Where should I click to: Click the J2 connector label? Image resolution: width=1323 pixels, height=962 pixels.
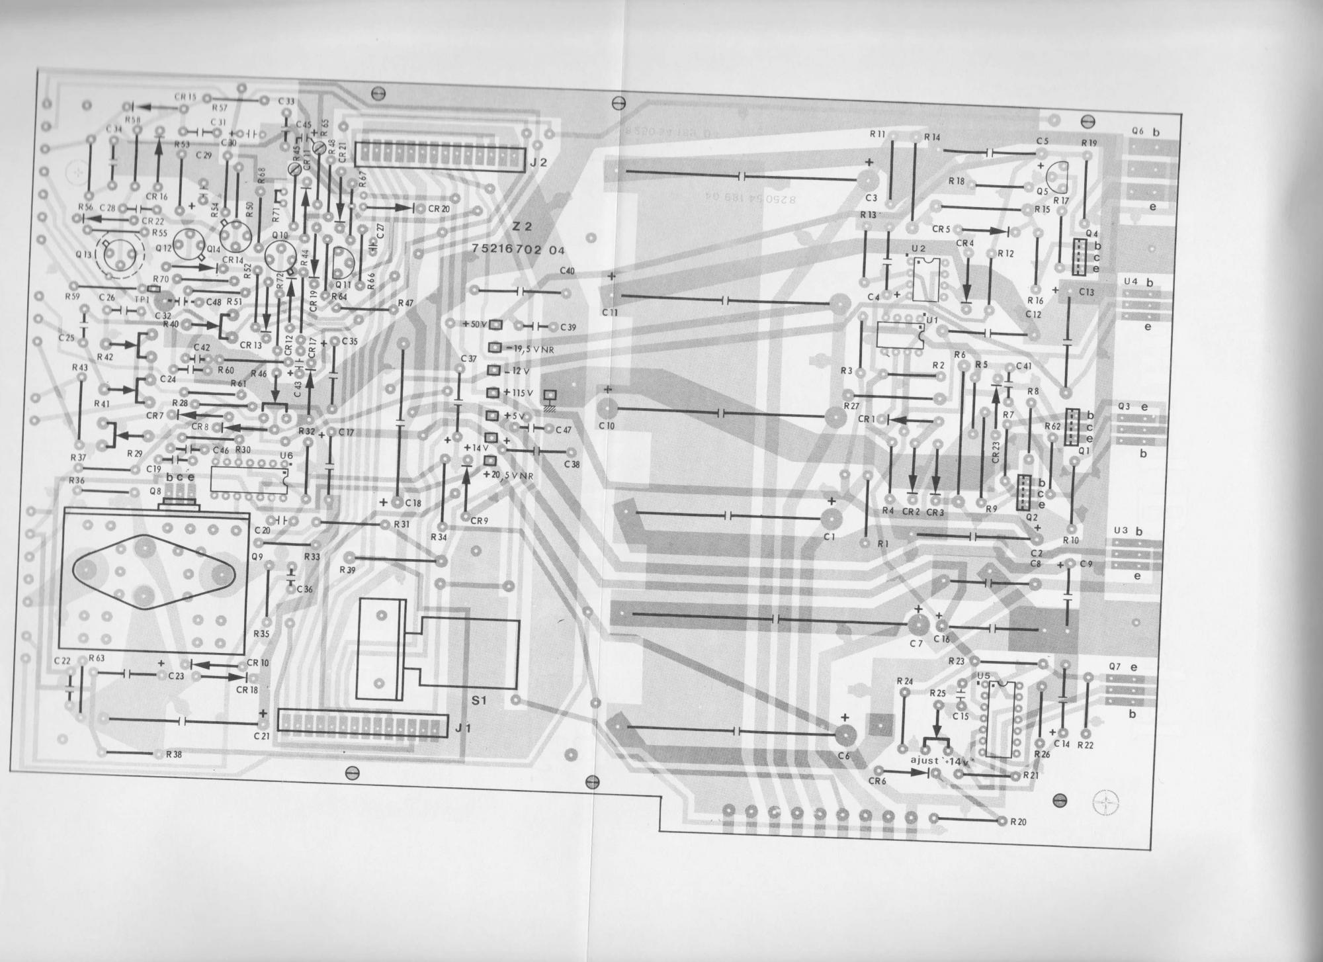click(x=538, y=161)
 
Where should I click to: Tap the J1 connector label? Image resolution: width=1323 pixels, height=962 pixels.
click(x=462, y=728)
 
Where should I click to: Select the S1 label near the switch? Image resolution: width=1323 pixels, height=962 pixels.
click(x=478, y=700)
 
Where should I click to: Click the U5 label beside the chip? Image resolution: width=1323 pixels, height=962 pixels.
click(x=983, y=676)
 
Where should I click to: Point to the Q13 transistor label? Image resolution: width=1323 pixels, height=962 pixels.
click(x=85, y=253)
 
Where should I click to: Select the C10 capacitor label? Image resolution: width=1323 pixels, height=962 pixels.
click(x=607, y=426)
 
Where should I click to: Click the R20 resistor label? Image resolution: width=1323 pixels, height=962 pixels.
click(x=1018, y=822)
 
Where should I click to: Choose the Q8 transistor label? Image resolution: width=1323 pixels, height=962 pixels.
click(x=155, y=492)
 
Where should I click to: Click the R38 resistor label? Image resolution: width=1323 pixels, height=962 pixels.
click(x=174, y=754)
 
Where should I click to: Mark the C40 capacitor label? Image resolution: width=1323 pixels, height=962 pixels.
click(x=567, y=271)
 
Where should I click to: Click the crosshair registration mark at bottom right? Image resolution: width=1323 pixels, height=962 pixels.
click(x=1107, y=802)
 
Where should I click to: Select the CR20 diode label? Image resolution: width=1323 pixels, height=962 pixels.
click(x=439, y=208)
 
